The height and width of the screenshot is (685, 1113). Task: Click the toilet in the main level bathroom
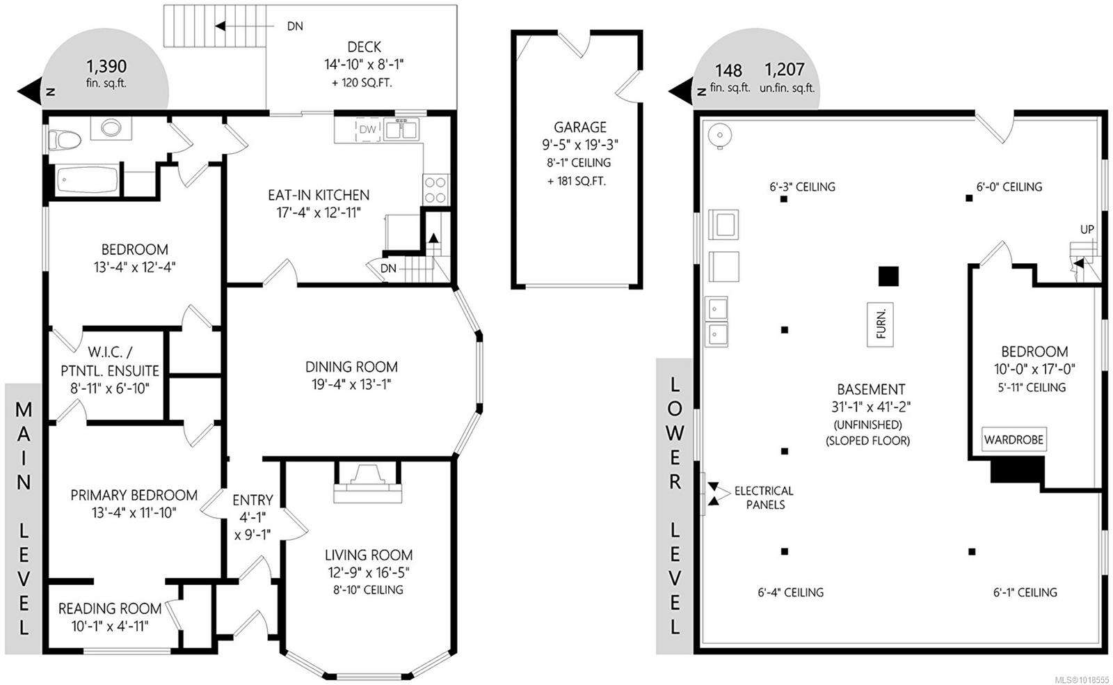[x=63, y=140]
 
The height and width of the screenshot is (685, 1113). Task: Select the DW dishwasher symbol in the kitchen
[x=367, y=129]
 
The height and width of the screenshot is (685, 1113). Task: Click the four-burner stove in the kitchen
[x=435, y=189]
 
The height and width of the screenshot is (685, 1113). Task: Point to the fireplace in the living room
[x=367, y=482]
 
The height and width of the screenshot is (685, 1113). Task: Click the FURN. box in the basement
[x=880, y=324]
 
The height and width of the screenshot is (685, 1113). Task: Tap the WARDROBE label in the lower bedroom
[x=1014, y=439]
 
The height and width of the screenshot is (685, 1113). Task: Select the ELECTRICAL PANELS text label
[x=764, y=497]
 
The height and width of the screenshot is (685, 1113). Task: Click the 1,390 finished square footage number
[x=106, y=66]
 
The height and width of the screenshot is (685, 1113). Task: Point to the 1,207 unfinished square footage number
[x=785, y=69]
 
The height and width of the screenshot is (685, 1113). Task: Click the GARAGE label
[x=580, y=127]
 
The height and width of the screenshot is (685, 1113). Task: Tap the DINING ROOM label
[x=351, y=366]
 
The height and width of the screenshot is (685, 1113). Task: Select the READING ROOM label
[x=110, y=608]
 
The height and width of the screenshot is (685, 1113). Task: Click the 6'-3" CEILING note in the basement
[x=802, y=187]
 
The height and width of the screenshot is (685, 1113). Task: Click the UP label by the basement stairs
[x=1087, y=229]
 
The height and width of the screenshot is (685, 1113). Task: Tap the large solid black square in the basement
[x=888, y=276]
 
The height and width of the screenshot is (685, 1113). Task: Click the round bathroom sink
[x=111, y=128]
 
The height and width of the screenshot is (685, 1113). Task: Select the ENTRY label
[x=253, y=500]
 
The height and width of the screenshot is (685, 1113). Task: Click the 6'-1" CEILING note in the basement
[x=1025, y=592]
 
